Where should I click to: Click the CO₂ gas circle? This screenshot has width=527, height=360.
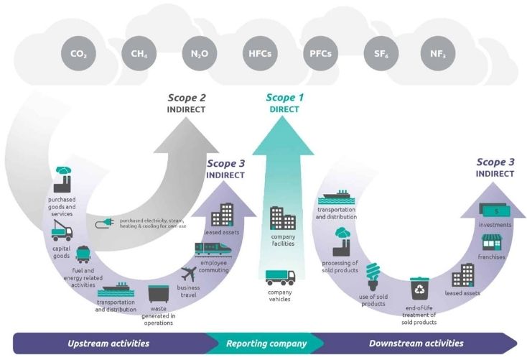pyautogui.click(x=80, y=52)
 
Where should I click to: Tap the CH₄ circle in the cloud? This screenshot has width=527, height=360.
pyautogui.click(x=139, y=52)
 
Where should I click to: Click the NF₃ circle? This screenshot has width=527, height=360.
pyautogui.click(x=438, y=52)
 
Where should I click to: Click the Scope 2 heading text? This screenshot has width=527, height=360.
pyautogui.click(x=187, y=98)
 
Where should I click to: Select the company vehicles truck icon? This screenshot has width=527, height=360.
pyautogui.click(x=280, y=277)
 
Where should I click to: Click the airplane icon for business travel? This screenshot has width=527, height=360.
pyautogui.click(x=189, y=274)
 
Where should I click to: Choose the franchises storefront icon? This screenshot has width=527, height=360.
pyautogui.click(x=490, y=242)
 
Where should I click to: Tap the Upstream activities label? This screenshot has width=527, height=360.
pyautogui.click(x=108, y=343)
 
